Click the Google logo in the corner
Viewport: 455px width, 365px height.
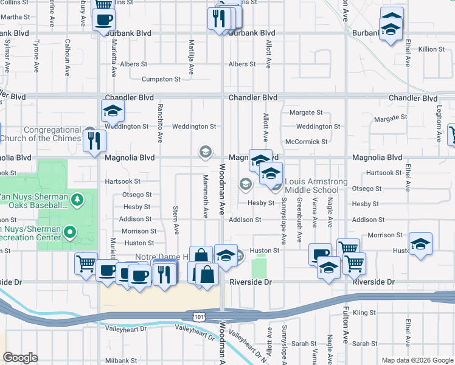click(20, 358)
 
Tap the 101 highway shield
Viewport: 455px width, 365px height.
click(198, 316)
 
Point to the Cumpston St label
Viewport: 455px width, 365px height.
click(161, 79)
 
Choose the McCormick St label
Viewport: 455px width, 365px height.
click(306, 142)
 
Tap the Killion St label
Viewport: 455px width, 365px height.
click(431, 49)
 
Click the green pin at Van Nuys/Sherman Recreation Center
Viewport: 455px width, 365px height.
click(70, 232)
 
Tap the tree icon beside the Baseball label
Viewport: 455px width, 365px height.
click(77, 200)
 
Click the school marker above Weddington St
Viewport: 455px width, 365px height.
click(113, 111)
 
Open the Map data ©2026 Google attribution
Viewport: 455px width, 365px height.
click(417, 360)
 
